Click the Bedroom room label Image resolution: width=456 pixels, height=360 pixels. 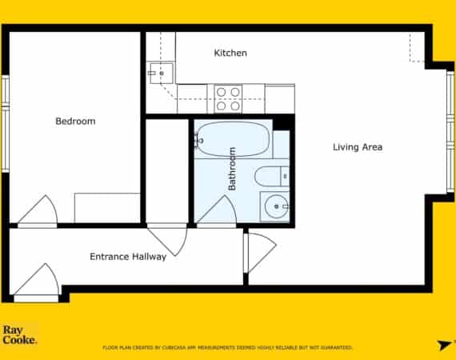[x=75, y=121]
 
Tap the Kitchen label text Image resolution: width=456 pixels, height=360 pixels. [x=230, y=53]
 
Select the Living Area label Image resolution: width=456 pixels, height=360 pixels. [x=358, y=147]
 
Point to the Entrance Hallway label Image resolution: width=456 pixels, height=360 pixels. [x=128, y=257]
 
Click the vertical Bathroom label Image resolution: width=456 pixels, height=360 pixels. [x=232, y=169]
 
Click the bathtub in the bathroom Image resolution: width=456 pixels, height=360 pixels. [x=233, y=139]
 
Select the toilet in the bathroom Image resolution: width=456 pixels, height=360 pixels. [x=272, y=176]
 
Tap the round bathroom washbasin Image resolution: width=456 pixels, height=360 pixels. [x=275, y=206]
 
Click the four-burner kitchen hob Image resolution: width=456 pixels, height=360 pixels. [x=228, y=99]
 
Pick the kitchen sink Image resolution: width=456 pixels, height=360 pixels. [x=160, y=73]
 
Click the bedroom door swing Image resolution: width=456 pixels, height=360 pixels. [x=38, y=211]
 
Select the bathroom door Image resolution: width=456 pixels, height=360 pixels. [x=217, y=211]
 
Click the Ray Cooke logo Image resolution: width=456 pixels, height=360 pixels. [x=20, y=334]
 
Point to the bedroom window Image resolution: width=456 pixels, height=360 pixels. [x=6, y=124]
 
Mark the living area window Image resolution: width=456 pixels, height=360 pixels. [x=450, y=132]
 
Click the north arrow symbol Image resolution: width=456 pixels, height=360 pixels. [x=445, y=345]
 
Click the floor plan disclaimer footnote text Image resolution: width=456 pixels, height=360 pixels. [x=227, y=347]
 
